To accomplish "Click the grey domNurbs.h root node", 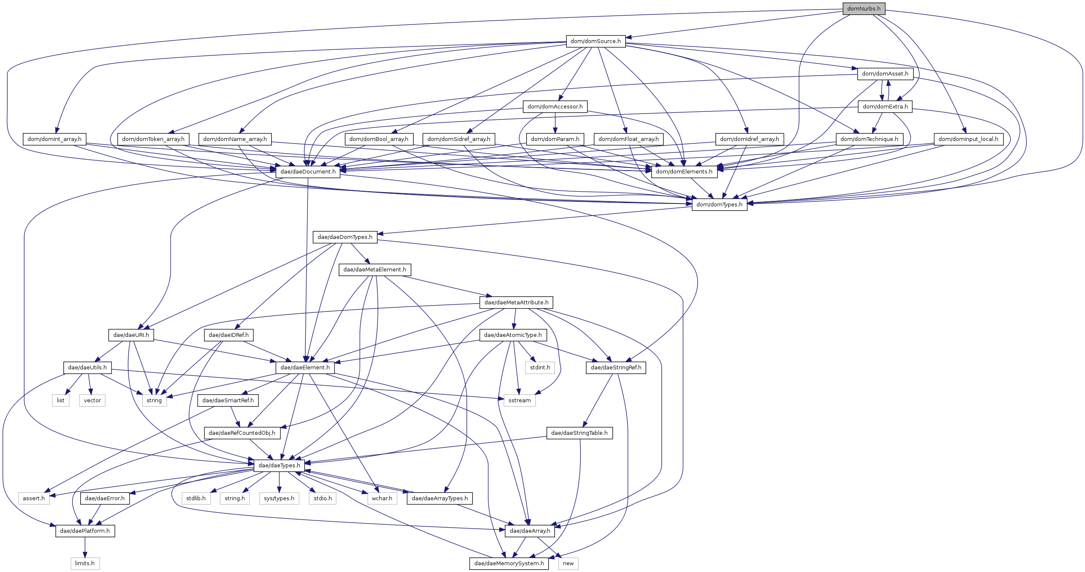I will [x=863, y=8].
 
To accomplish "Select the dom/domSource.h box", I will [x=596, y=41].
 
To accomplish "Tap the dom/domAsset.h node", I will [x=885, y=73].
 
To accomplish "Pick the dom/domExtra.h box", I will [x=885, y=106].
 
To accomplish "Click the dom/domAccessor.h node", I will [x=555, y=106].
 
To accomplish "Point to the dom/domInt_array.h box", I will [x=54, y=139].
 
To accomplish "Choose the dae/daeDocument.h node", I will [x=308, y=171].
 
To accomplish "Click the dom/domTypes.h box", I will [x=719, y=204].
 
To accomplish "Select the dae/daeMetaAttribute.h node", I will [x=516, y=302].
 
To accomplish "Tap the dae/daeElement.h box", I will [x=305, y=367].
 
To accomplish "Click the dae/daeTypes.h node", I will [x=279, y=465].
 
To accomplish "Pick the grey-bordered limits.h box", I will [x=85, y=563].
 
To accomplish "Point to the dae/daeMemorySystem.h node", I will [x=509, y=563].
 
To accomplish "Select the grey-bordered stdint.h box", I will [x=540, y=367].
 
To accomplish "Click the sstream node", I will [x=519, y=400].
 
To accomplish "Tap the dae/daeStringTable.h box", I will [x=579, y=433].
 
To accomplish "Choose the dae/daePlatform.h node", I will [x=85, y=531].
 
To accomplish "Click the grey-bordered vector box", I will [x=92, y=400].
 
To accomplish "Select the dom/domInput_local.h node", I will [x=968, y=139].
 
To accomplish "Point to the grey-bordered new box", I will [x=568, y=563].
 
